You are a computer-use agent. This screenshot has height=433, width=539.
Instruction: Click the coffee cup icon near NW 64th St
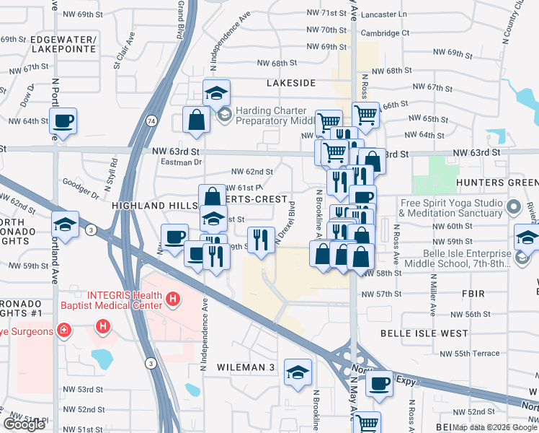click(63, 121)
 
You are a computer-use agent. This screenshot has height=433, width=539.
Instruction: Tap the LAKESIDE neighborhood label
click(291, 83)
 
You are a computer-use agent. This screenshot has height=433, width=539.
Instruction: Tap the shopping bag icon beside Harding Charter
click(196, 120)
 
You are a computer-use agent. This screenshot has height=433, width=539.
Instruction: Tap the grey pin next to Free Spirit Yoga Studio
click(513, 208)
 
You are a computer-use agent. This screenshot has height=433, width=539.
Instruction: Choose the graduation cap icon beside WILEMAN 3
click(297, 372)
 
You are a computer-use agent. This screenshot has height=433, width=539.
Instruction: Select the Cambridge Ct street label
click(385, 33)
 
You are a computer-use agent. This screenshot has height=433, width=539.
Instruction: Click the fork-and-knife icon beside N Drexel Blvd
click(261, 238)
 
